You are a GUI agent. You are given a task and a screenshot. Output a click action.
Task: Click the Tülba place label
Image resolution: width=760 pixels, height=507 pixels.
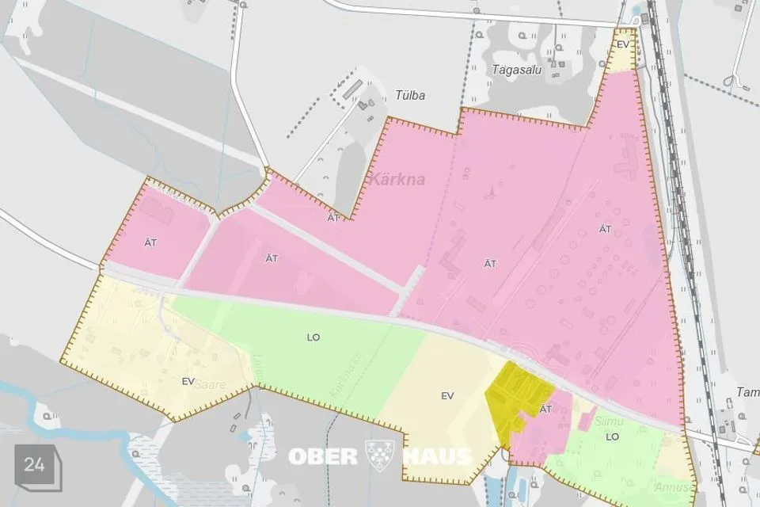410,96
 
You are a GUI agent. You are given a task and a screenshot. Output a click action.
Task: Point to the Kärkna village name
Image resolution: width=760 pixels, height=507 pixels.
396,179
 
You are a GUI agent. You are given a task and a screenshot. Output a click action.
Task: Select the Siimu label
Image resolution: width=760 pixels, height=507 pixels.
604,423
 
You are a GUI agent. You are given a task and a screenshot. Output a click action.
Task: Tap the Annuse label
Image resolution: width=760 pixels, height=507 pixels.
671,486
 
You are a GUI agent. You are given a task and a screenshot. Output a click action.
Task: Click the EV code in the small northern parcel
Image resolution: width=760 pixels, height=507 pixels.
623,44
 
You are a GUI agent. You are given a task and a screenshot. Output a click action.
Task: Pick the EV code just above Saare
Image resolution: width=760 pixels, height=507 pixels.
188,381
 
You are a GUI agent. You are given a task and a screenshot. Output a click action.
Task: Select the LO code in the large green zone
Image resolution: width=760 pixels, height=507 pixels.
313,337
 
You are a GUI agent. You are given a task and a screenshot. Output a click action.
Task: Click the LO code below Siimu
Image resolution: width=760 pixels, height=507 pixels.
611,436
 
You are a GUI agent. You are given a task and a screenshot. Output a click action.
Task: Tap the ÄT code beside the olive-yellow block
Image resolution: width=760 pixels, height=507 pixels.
545,409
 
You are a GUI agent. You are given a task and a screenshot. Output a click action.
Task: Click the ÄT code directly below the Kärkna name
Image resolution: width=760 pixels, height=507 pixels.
333,217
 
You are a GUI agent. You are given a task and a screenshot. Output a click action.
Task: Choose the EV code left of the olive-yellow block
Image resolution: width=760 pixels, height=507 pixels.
447,395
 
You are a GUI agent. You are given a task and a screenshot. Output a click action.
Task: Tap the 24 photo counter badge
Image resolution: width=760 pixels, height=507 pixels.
35,465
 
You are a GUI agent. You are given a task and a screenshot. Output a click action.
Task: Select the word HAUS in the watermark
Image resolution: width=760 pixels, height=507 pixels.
436,456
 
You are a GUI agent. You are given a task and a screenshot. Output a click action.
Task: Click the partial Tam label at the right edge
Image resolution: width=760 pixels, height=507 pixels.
747,392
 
